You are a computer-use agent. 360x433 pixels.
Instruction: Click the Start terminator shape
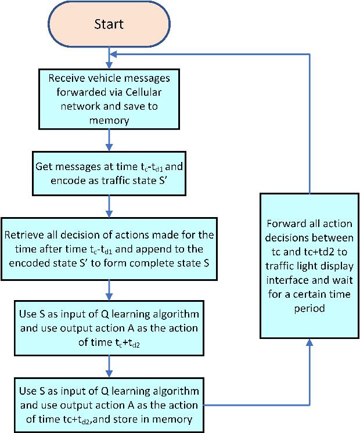coord(108,24)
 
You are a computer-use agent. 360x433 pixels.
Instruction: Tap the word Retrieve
coord(25,235)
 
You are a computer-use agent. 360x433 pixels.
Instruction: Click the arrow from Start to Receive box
coord(109,57)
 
